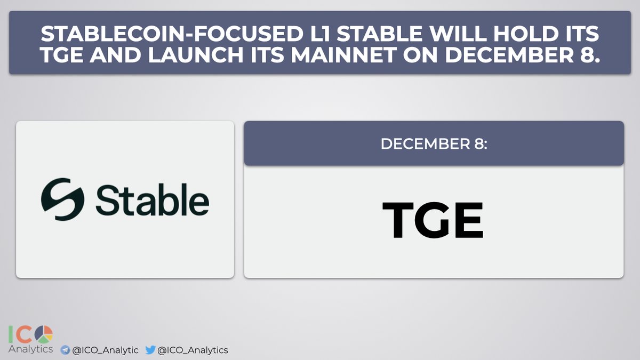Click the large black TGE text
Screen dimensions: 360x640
[x=433, y=220]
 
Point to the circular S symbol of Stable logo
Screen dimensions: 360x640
[x=62, y=199]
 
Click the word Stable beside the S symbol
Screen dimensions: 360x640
[x=152, y=201]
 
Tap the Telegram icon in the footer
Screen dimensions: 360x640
[x=65, y=350]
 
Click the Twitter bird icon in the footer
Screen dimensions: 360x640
[x=150, y=350]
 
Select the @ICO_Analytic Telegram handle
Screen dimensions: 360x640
[x=105, y=350]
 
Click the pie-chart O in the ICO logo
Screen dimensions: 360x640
[x=45, y=334]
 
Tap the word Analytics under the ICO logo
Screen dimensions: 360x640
[x=30, y=349]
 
